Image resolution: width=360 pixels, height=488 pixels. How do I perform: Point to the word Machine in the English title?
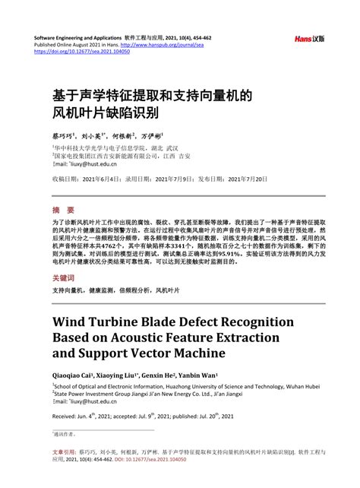[196, 353]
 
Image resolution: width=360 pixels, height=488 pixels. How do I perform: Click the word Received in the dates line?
[65, 417]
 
